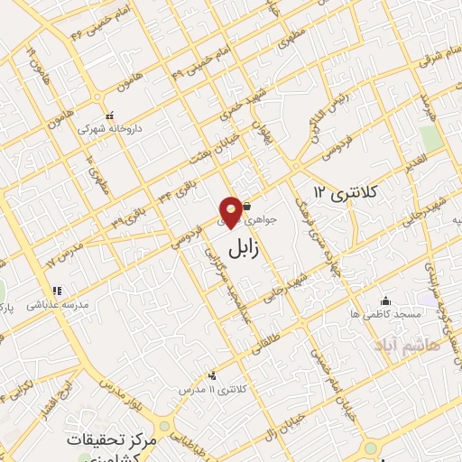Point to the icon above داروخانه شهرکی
(110, 115)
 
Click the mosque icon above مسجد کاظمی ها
(386, 301)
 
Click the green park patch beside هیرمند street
(430, 139)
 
